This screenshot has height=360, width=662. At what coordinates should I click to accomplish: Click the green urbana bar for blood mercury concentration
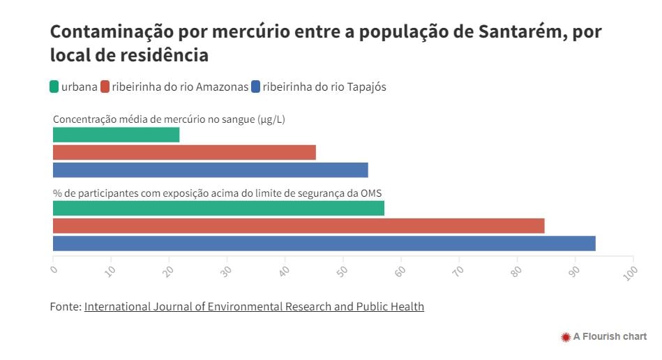(116, 135)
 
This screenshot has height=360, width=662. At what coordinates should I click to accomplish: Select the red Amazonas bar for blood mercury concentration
(184, 152)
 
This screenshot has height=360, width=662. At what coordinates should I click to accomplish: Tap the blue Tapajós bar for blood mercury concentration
(210, 170)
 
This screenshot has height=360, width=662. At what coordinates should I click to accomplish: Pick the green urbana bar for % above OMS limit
(218, 208)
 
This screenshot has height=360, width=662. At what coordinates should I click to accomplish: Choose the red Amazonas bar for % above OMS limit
(299, 225)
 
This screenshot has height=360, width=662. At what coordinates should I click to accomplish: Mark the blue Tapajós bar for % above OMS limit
(324, 243)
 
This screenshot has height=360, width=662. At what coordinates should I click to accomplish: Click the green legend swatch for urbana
(54, 87)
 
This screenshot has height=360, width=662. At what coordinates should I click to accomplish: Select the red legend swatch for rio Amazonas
(105, 87)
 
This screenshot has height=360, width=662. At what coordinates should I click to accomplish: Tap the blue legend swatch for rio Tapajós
(256, 87)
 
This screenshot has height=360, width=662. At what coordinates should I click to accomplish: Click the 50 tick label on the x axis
(343, 270)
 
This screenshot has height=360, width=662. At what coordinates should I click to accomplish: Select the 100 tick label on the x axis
(631, 271)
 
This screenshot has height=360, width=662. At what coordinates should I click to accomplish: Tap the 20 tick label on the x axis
(169, 270)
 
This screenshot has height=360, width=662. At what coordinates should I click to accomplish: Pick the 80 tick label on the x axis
(516, 270)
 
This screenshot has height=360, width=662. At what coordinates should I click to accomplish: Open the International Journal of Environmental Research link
(254, 306)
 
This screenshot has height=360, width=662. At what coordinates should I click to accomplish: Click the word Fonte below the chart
(65, 306)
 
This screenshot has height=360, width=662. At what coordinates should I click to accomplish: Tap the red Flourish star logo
(566, 337)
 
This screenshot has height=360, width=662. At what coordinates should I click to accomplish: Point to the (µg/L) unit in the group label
(271, 119)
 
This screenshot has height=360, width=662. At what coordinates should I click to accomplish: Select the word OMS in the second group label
(371, 193)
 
